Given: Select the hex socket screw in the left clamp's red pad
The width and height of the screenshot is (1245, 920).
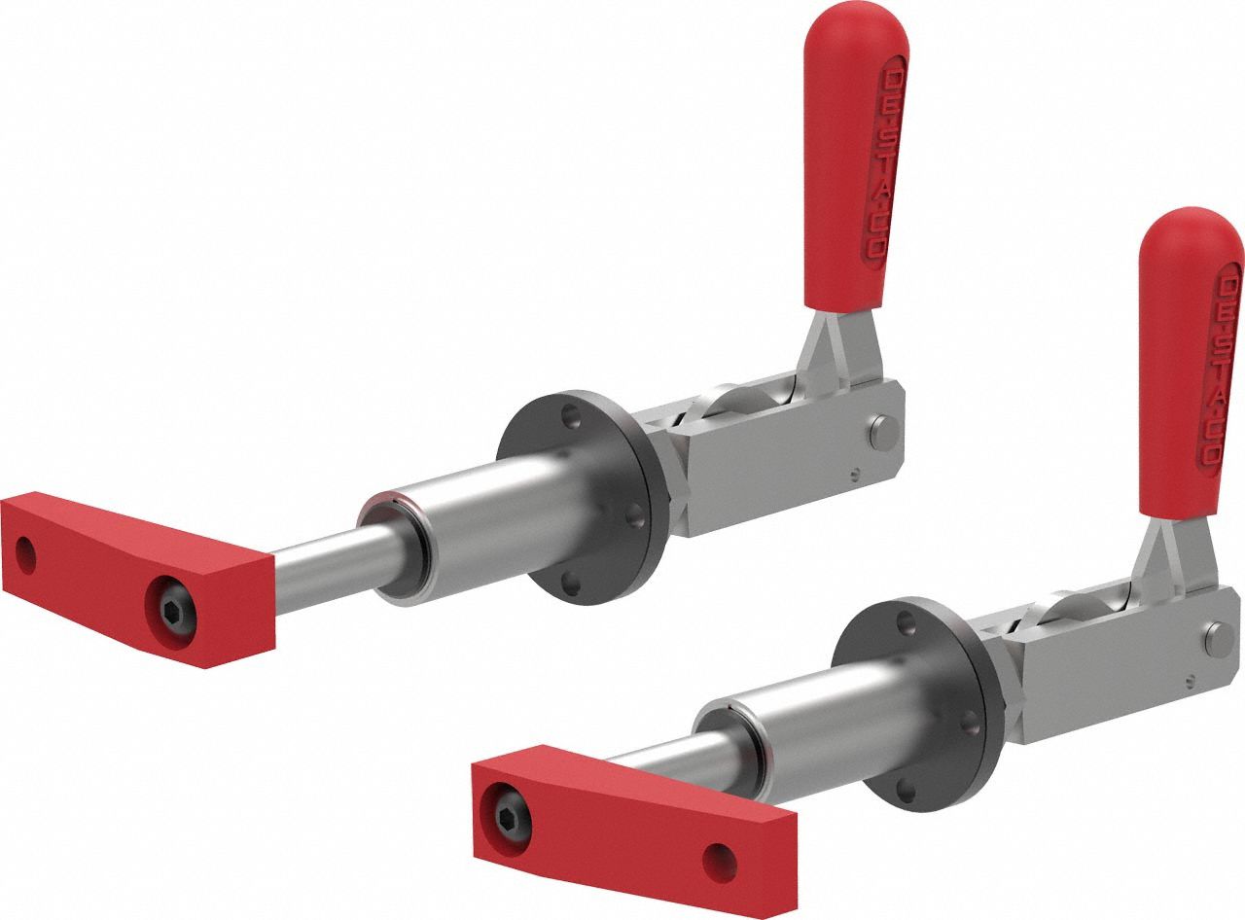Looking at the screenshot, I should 172,610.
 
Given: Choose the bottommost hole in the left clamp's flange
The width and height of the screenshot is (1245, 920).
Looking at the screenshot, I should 573,583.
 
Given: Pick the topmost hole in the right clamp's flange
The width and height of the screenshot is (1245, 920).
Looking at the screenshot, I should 907,619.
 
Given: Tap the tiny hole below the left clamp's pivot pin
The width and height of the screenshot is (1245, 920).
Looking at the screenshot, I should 854,476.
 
